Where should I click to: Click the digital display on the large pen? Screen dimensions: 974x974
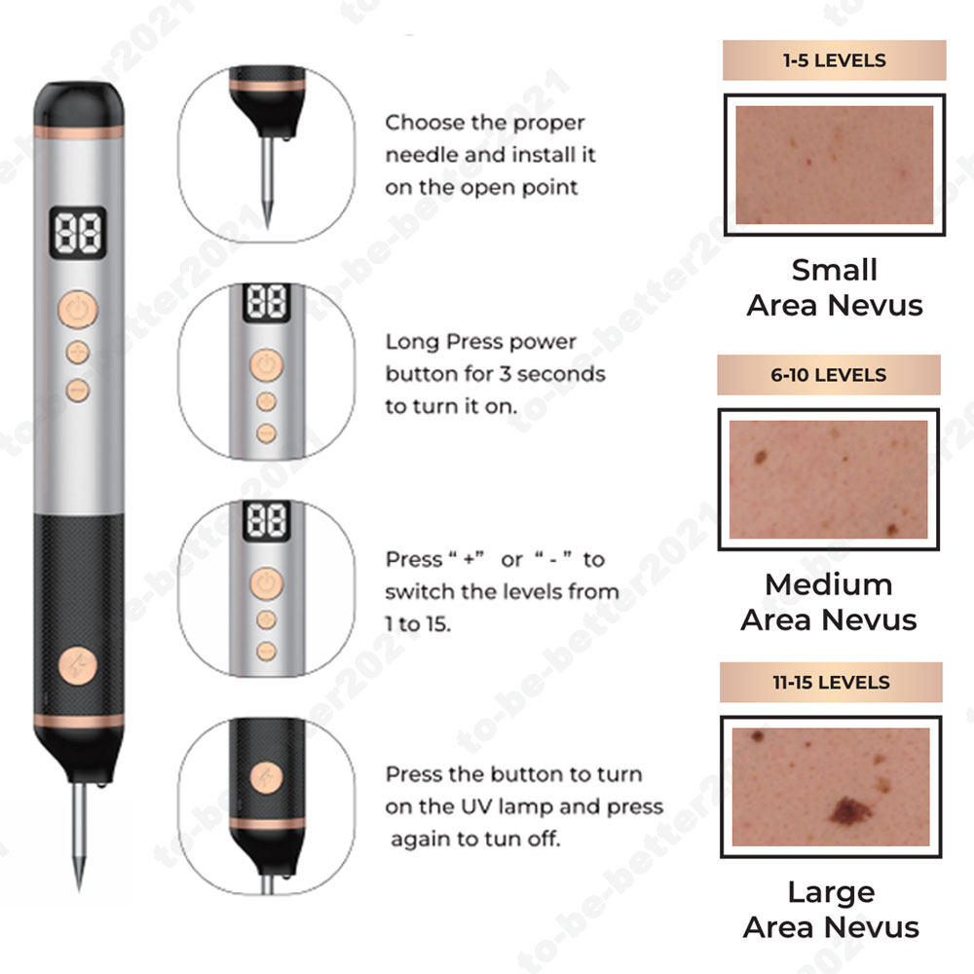tap(78, 233)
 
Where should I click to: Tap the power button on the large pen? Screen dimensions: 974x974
tap(78, 310)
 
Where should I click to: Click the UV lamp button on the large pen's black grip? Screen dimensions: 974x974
tap(78, 666)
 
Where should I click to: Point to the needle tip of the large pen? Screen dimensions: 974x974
tap(79, 888)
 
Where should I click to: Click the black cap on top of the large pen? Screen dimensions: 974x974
tap(79, 104)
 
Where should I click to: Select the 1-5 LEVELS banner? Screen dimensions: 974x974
tap(835, 60)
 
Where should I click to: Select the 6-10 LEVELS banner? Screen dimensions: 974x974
tap(829, 375)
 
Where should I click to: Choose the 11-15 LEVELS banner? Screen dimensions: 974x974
tap(831, 682)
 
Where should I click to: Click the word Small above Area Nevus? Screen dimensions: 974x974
tap(835, 270)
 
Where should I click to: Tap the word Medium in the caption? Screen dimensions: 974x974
tap(829, 584)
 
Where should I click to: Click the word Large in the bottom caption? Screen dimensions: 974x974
tap(831, 893)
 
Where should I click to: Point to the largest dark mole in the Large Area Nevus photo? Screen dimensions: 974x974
tap(849, 810)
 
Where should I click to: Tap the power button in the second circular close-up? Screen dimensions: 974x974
tap(267, 364)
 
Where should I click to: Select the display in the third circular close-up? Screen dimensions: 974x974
tap(267, 520)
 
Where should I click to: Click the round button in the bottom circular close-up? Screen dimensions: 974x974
tap(267, 777)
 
